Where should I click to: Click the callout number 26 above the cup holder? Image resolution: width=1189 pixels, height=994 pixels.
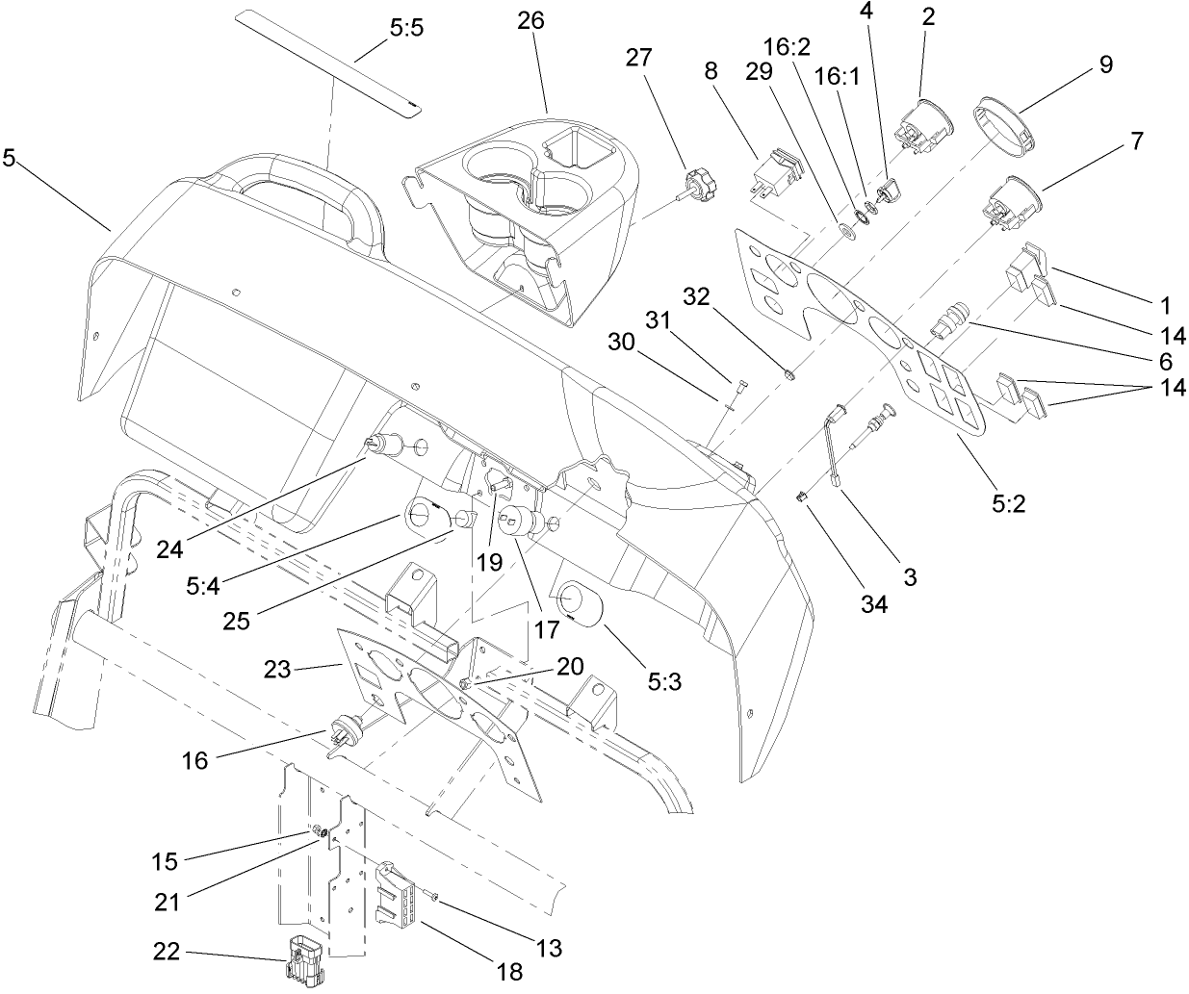[530, 19]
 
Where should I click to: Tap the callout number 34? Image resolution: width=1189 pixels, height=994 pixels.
[874, 603]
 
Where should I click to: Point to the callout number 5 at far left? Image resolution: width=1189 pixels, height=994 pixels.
[10, 159]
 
